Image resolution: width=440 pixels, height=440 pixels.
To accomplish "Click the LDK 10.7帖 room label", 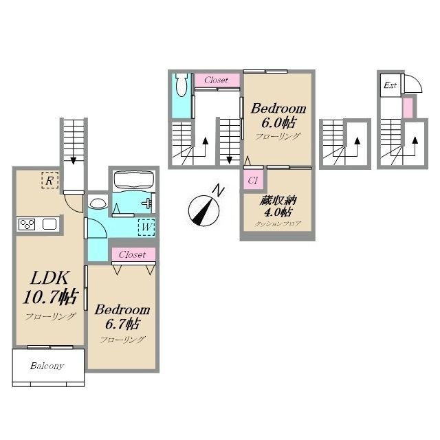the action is click(x=50, y=287).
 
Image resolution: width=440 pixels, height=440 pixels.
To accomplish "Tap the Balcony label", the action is click(x=47, y=366).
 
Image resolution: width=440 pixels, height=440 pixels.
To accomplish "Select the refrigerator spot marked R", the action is click(x=50, y=180).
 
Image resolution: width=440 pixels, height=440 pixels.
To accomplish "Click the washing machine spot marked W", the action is click(x=146, y=227).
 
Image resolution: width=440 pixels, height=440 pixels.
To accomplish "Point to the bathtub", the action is click(x=134, y=180).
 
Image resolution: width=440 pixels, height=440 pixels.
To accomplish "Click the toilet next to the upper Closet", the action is click(x=181, y=85).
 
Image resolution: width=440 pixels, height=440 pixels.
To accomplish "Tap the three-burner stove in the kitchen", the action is click(x=27, y=224).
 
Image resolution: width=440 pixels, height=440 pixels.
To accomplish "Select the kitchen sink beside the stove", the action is click(x=49, y=225).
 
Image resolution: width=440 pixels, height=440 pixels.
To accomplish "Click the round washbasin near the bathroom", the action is click(x=98, y=203).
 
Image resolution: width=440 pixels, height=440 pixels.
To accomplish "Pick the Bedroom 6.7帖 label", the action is click(x=122, y=316).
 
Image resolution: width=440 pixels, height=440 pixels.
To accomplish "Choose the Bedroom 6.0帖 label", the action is click(x=278, y=115).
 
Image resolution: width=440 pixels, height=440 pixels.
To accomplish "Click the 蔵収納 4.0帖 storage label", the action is click(x=278, y=206).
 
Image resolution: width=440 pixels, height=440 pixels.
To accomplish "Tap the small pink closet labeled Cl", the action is click(x=253, y=180).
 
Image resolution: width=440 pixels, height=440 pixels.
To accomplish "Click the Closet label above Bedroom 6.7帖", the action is click(x=132, y=254).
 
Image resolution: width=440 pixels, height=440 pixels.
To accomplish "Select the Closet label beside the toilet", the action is click(x=216, y=80).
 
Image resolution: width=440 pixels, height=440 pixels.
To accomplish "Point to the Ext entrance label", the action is click(x=390, y=85).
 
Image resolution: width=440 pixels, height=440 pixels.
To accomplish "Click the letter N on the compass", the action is click(x=218, y=191).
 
